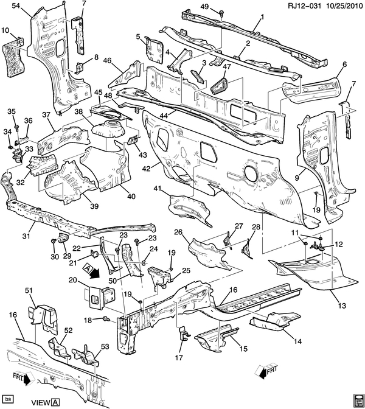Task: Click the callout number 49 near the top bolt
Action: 204,7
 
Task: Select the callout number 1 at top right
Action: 262,17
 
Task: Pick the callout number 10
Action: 5,30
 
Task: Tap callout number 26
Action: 178,232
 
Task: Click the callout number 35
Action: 10,111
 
